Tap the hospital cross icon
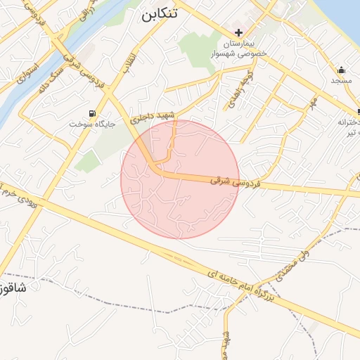[x=239, y=32]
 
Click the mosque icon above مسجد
[x=341, y=70]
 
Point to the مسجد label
[x=341, y=82]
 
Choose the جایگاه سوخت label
[x=85, y=124]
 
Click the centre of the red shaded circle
[x=180, y=179]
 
